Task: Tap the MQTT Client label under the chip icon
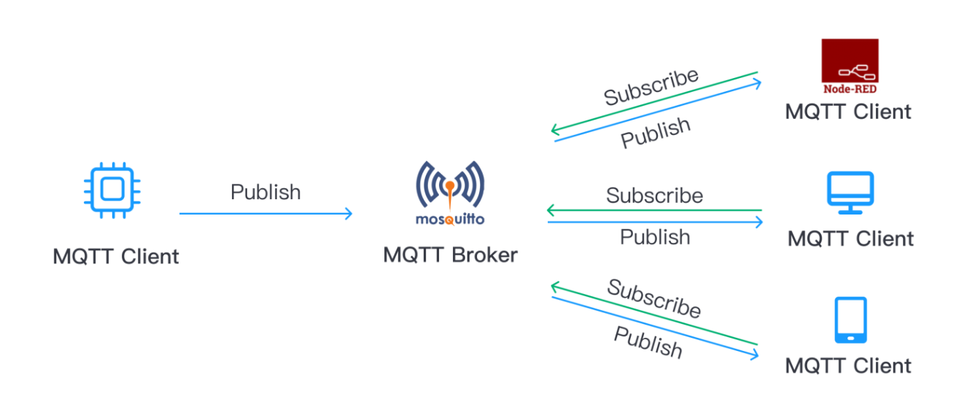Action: [x=116, y=257]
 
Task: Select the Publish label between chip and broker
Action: [x=265, y=192]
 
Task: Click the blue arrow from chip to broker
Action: [x=265, y=214]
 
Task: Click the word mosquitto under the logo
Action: [x=450, y=219]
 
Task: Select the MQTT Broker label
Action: [x=450, y=255]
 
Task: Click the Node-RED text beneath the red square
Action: [x=850, y=89]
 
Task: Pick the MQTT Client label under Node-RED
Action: [x=848, y=112]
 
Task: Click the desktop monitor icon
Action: [x=850, y=193]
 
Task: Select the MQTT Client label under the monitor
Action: [x=850, y=239]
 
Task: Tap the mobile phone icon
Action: [x=850, y=320]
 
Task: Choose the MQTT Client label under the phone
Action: [x=848, y=365]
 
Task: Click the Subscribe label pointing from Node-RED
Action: [x=651, y=86]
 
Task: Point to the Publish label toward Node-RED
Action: [x=655, y=133]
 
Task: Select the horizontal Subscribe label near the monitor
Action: [x=654, y=196]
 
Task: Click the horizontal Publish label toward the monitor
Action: [x=654, y=237]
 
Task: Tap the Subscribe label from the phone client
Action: [x=653, y=298]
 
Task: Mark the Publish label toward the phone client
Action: [x=648, y=342]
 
